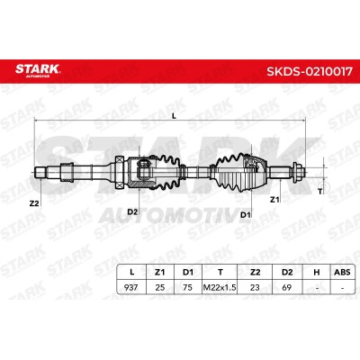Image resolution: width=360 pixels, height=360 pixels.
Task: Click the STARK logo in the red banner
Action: tap(38, 70)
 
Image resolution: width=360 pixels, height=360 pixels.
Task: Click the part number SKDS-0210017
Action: tap(310, 71)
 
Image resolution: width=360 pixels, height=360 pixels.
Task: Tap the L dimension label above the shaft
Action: tap(175, 115)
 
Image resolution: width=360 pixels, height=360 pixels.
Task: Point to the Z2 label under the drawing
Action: tap(34, 203)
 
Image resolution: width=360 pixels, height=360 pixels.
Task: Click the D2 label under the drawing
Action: tap(132, 211)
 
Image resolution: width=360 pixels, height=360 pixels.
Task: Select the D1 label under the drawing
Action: tap(246, 214)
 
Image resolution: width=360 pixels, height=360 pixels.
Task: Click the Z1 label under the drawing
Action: tap(274, 200)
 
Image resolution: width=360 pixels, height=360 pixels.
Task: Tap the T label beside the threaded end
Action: tap(320, 192)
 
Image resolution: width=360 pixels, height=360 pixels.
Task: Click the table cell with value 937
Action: tap(131, 287)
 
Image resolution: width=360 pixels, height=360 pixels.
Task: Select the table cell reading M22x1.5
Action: tap(220, 287)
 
